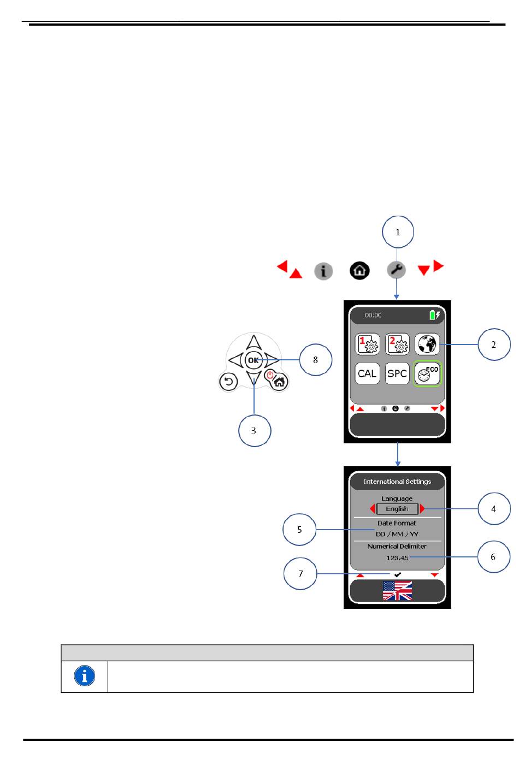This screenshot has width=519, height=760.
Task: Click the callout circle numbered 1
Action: (398, 232)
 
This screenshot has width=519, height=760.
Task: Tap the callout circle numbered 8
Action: (315, 360)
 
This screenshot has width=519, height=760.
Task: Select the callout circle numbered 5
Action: (299, 530)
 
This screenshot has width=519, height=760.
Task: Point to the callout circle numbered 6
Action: (493, 557)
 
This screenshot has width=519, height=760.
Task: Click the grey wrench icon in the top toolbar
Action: (396, 270)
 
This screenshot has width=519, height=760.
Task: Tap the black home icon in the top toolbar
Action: (359, 270)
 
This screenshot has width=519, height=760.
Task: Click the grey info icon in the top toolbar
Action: (323, 271)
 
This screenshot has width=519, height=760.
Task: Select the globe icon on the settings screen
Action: (427, 345)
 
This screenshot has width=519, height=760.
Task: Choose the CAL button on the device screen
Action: (367, 374)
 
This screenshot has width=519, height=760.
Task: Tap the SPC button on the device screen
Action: (397, 374)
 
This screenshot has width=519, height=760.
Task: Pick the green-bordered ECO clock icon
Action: (427, 374)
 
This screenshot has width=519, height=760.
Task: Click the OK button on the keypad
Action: (253, 360)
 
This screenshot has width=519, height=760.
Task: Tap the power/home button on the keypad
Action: (277, 379)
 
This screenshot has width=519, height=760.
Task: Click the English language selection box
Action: (397, 509)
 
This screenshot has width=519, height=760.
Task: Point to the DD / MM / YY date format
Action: (397, 534)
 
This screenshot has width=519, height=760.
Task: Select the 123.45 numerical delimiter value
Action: (397, 558)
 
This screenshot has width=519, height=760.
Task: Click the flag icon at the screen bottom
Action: (397, 591)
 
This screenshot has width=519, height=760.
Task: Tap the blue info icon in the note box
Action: (84, 676)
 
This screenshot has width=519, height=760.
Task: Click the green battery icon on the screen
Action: (433, 315)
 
